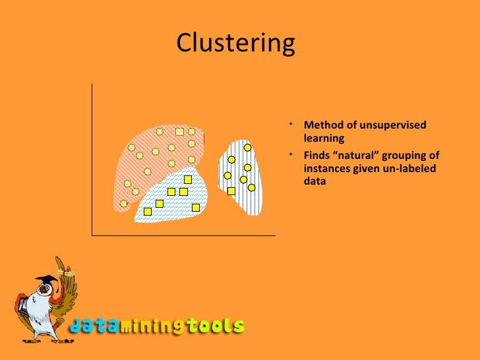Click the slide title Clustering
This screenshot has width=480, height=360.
[x=235, y=44]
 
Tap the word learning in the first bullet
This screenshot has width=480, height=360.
[x=324, y=138]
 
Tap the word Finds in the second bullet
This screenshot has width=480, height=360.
[x=318, y=156]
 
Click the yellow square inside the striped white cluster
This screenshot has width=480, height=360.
[x=231, y=191]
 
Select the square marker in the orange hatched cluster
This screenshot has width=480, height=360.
[x=179, y=132]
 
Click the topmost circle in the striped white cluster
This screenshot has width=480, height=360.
[x=248, y=147]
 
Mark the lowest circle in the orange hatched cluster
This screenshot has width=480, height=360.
[x=123, y=203]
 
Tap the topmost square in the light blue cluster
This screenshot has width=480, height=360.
[x=188, y=179]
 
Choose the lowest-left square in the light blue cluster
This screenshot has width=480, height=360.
[x=148, y=212]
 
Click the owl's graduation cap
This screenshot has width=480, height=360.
[x=45, y=280]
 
